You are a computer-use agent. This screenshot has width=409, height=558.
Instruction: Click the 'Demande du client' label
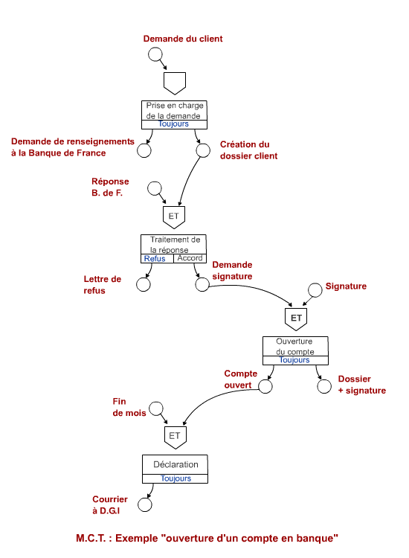click(x=183, y=39)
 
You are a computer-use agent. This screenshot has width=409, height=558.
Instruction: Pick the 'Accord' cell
click(x=190, y=258)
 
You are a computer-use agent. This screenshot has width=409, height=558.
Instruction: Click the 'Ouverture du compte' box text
click(x=294, y=346)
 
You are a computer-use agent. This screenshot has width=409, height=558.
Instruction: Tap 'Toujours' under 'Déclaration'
click(x=175, y=478)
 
